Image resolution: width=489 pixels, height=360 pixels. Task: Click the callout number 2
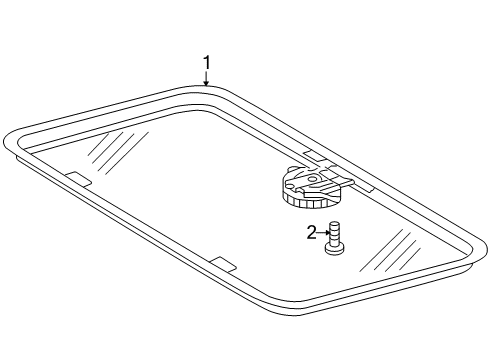pyautogui.click(x=312, y=232)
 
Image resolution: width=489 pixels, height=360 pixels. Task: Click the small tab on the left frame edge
pyautogui.click(x=76, y=177)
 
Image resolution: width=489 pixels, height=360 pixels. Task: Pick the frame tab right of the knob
pyautogui.click(x=362, y=186)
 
